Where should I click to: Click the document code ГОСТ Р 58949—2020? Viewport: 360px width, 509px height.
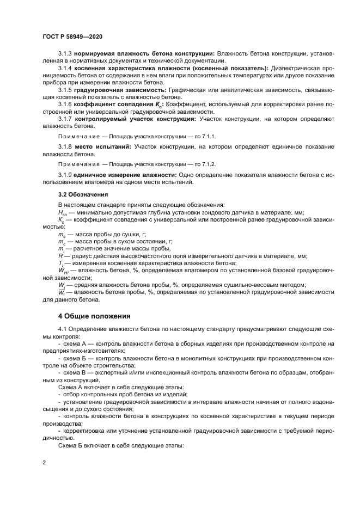tap(72, 36)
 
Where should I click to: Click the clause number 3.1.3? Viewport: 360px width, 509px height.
tap(66, 54)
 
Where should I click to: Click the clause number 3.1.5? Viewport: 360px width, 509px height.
tap(66, 89)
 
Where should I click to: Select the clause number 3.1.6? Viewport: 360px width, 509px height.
tap(66, 103)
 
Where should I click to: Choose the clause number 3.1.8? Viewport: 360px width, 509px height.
tap(66, 147)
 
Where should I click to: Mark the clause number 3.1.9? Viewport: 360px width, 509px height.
tap(66, 174)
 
